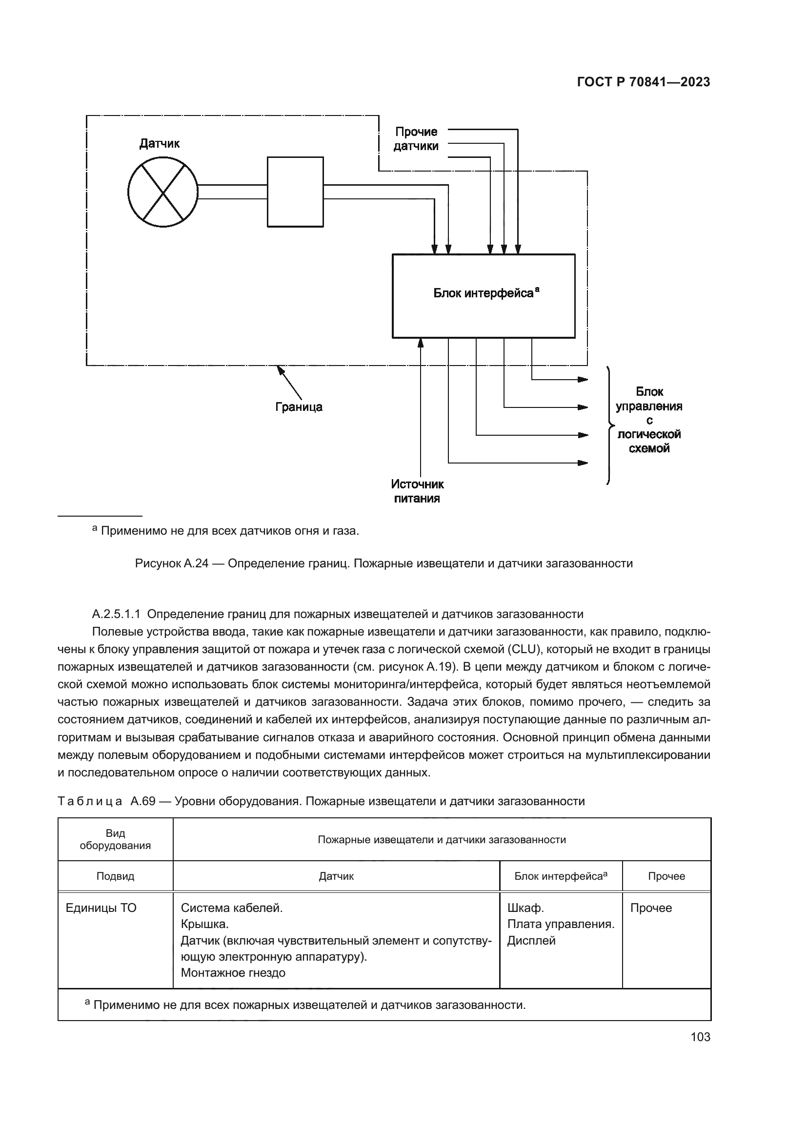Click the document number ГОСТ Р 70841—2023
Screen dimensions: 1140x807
click(643, 82)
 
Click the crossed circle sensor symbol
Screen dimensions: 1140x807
click(162, 192)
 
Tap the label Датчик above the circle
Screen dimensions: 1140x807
click(159, 144)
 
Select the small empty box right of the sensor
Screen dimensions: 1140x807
click(295, 192)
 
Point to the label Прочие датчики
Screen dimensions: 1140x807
click(416, 139)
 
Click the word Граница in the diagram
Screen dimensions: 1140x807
click(299, 407)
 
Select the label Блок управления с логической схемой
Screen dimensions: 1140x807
click(648, 420)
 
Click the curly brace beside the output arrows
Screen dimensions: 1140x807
click(609, 425)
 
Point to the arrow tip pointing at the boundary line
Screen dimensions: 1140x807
click(278, 367)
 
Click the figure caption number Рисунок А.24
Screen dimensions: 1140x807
click(171, 563)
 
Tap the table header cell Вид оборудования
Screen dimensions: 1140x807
click(115, 839)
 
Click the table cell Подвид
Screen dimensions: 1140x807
click(115, 876)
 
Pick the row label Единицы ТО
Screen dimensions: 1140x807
click(101, 908)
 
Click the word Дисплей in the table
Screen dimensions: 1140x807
click(531, 940)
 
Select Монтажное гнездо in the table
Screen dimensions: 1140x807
click(233, 973)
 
